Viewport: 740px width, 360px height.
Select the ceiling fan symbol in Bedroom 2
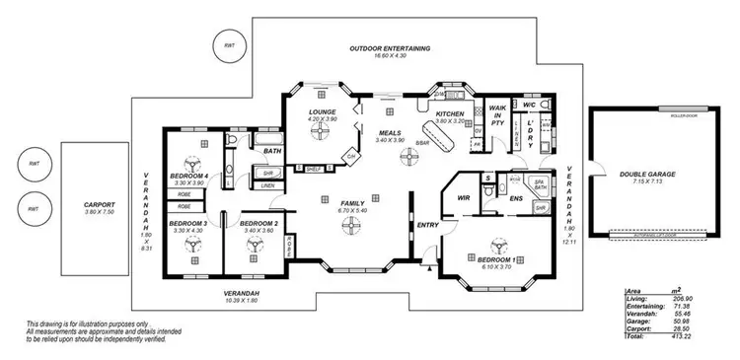257,241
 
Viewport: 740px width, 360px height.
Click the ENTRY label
427,226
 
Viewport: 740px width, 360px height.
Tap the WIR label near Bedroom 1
461,199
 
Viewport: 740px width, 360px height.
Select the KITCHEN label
450,114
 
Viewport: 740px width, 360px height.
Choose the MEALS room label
389,131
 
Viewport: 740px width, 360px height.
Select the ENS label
516,199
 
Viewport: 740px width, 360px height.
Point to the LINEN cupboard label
268,184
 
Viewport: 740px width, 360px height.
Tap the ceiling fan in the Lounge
319,138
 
